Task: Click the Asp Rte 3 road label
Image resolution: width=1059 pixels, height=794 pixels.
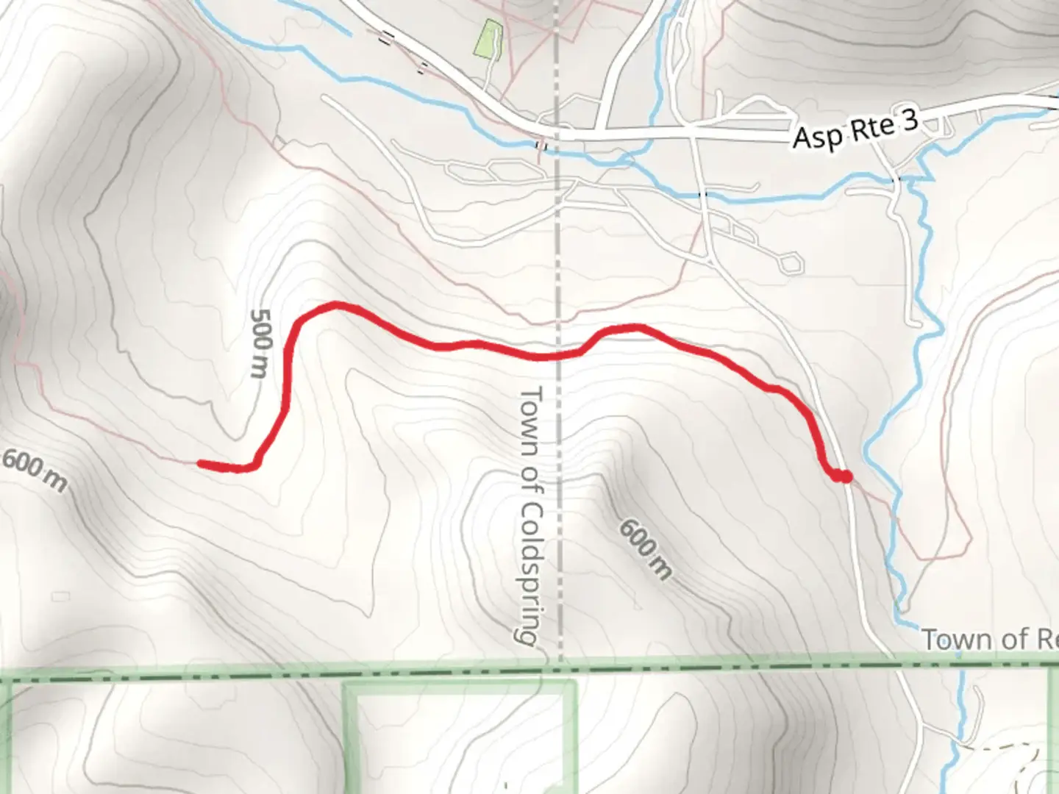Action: [855, 130]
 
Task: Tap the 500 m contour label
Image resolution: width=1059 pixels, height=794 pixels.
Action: [261, 343]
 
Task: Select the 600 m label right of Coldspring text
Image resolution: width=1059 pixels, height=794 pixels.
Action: [645, 548]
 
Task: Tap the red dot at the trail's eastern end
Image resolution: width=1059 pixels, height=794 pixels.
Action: [846, 477]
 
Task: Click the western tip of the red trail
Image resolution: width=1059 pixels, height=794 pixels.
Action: [201, 463]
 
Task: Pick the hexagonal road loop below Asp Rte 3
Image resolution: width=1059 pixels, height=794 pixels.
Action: [791, 262]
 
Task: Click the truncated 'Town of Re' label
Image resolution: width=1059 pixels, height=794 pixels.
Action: [989, 640]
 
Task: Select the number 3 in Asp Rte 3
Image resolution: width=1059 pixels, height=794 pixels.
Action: [910, 121]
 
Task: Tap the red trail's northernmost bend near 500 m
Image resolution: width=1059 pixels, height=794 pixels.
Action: [335, 304]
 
